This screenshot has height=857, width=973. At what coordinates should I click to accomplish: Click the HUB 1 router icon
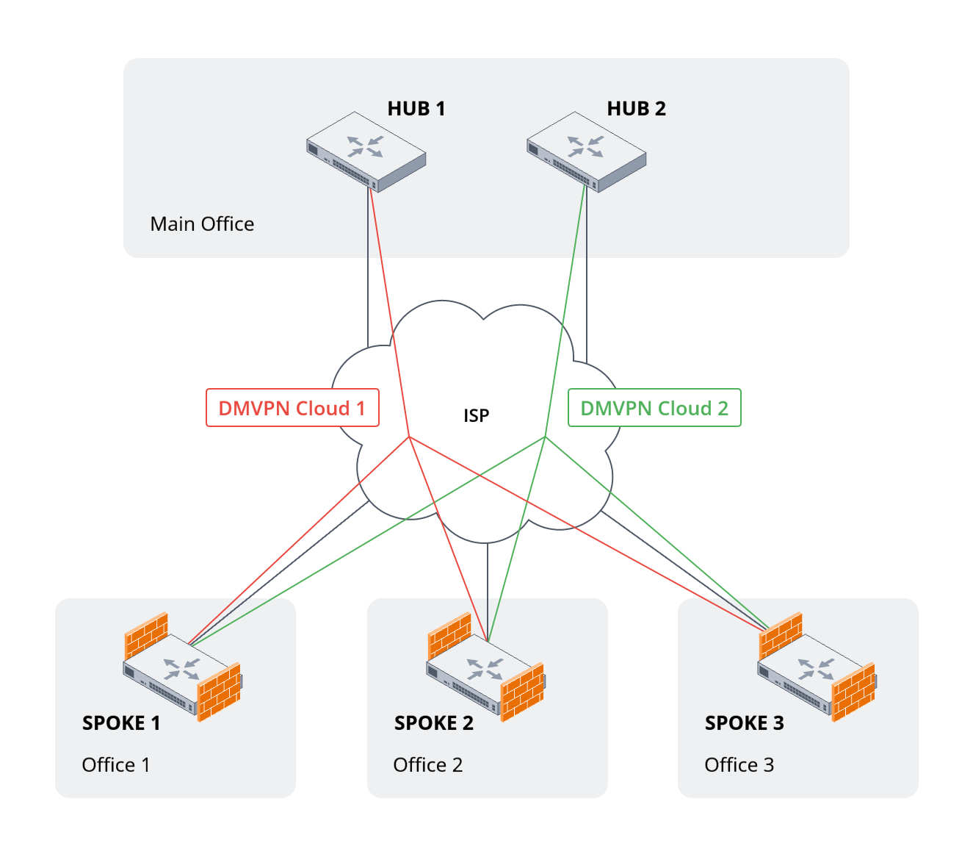(x=366, y=151)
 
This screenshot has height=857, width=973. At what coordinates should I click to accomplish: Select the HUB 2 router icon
(x=586, y=151)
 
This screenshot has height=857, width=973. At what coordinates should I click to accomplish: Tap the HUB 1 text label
(x=416, y=109)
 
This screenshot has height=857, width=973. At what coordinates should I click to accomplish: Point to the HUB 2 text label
(x=636, y=109)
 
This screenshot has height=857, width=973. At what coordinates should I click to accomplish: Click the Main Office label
(x=202, y=224)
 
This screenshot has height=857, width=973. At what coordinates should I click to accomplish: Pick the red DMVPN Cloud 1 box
(x=292, y=408)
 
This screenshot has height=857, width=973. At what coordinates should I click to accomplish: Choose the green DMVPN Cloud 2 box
(x=654, y=408)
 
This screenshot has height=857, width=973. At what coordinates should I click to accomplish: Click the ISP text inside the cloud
(x=476, y=416)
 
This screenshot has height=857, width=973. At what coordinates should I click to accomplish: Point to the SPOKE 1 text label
(x=121, y=723)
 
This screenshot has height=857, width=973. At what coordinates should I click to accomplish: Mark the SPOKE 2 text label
(x=433, y=723)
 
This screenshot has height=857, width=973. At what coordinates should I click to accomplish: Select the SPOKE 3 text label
(x=744, y=723)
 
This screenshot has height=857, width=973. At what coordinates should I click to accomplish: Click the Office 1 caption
(x=116, y=765)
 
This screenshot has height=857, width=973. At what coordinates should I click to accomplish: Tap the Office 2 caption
(x=427, y=765)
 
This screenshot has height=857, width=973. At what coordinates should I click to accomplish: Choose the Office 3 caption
(x=739, y=765)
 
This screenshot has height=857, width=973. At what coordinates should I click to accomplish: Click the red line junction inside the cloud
(x=409, y=437)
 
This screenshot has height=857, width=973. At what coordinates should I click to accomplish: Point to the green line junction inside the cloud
(x=545, y=437)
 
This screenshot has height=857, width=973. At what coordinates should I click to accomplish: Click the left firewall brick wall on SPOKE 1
(x=146, y=634)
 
